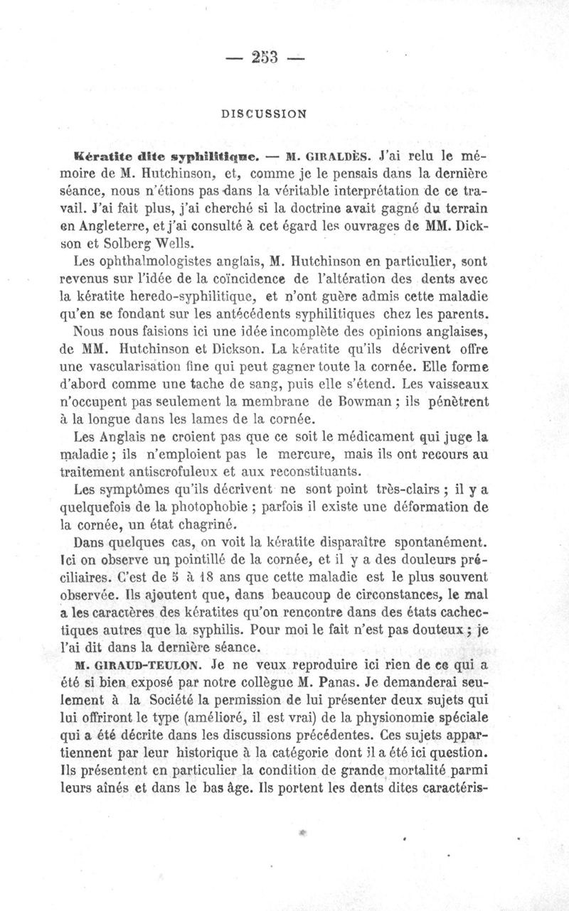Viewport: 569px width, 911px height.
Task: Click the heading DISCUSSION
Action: [263, 112]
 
